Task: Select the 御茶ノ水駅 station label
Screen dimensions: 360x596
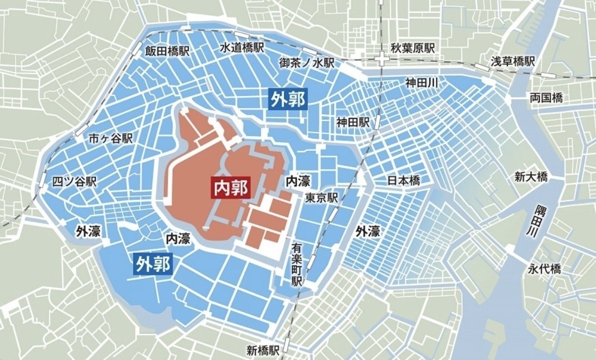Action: coord(306,64)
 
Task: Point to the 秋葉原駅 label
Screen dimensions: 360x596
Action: coord(412,48)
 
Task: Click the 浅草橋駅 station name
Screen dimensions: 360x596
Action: coord(512,60)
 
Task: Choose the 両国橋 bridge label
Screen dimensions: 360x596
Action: coord(546,98)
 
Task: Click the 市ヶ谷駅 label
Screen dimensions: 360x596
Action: coord(111,139)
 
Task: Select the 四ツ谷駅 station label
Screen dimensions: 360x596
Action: coord(74,182)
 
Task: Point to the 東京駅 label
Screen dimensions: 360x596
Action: coord(322,198)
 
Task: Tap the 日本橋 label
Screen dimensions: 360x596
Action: coord(403,181)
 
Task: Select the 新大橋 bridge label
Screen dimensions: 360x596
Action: coord(531,177)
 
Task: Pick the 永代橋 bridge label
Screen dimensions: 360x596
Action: coord(544,269)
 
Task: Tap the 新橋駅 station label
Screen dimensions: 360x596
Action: coord(263,351)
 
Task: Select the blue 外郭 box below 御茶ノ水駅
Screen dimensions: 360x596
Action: coord(288,99)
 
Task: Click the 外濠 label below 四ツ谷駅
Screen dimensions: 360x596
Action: coord(88,231)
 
